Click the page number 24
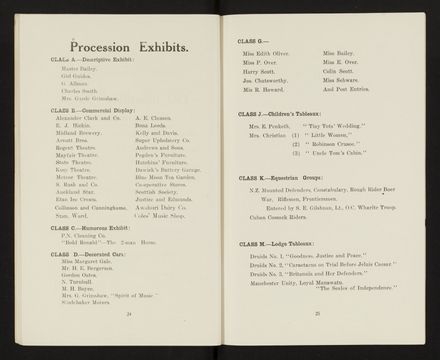point(128,312)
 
